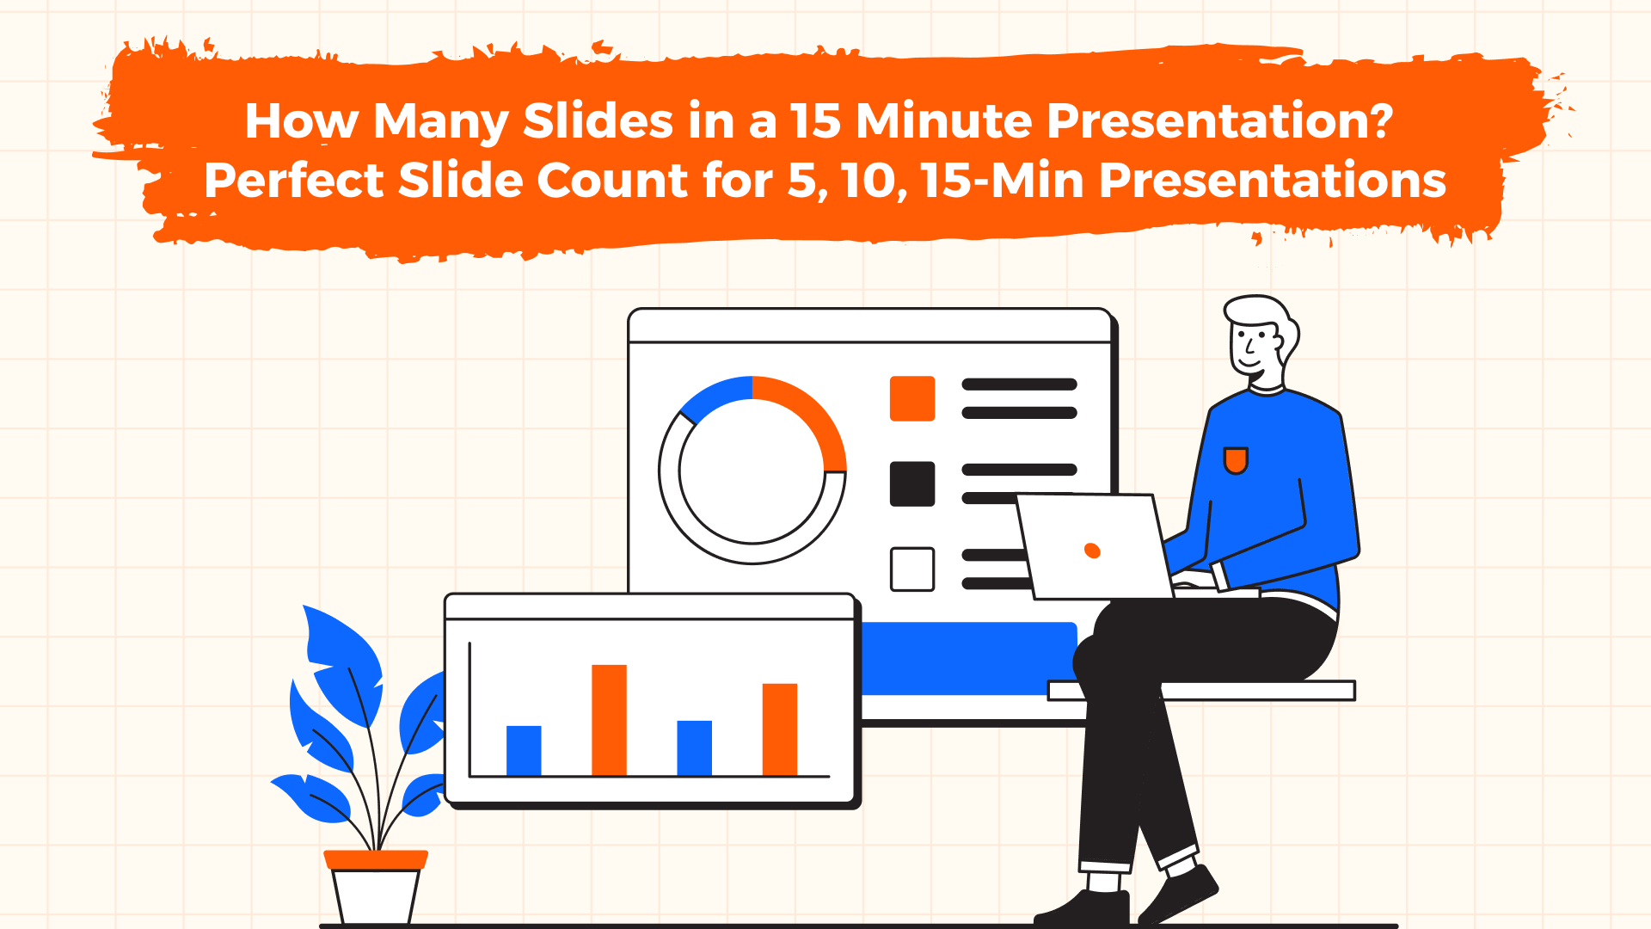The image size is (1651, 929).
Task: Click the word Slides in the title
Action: (x=597, y=120)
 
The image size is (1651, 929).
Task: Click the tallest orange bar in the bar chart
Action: (x=609, y=720)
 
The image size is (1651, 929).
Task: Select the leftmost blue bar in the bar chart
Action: (x=524, y=750)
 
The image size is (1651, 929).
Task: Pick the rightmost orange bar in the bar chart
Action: (x=780, y=729)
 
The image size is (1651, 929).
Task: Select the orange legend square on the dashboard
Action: (x=911, y=398)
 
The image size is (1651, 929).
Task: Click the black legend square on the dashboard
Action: (x=911, y=483)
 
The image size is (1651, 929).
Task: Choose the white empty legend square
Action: (x=911, y=569)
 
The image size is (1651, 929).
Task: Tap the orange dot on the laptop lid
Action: (x=1092, y=551)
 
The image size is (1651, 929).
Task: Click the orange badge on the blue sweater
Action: (x=1236, y=460)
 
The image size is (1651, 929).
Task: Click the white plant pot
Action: (x=375, y=896)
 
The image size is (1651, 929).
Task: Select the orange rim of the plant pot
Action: (x=376, y=858)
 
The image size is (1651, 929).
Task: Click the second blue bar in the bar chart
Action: (x=694, y=748)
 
